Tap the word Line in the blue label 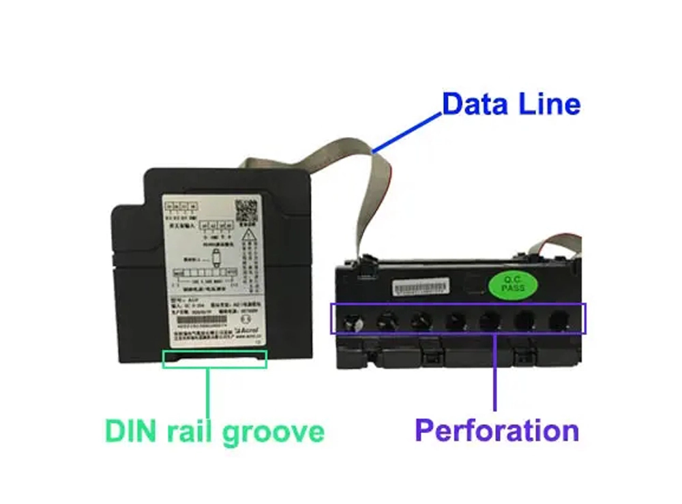pos(550,104)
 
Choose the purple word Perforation pos(497,431)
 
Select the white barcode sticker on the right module pos(421,286)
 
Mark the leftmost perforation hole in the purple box pos(351,319)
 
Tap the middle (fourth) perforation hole pos(456,319)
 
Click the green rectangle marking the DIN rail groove pos(214,359)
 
